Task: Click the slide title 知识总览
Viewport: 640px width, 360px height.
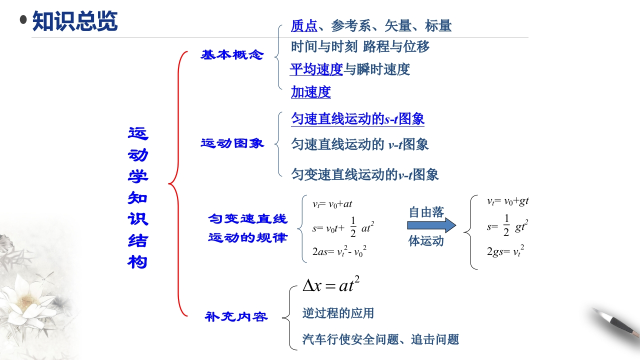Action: (75, 21)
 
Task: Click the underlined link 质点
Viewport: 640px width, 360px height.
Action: (304, 25)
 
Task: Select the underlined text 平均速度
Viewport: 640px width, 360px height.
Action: (316, 69)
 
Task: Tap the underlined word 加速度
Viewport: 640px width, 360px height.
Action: (311, 92)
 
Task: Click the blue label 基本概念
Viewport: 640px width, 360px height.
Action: (232, 55)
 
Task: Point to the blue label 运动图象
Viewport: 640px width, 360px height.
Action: (232, 143)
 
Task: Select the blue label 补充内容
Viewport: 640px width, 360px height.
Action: (236, 316)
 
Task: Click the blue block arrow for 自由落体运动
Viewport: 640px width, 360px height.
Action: (431, 225)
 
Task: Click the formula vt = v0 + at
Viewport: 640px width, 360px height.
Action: (332, 204)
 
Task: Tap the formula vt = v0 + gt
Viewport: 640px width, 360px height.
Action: (508, 201)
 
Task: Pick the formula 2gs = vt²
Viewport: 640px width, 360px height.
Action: (505, 251)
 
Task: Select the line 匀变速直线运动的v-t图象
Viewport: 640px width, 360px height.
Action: (365, 174)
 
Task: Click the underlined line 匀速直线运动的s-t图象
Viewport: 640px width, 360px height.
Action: (358, 119)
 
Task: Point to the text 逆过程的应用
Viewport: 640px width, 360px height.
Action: (338, 313)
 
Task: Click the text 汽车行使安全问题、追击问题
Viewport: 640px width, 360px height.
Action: (380, 340)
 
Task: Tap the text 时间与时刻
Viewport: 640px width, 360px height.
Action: (324, 47)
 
